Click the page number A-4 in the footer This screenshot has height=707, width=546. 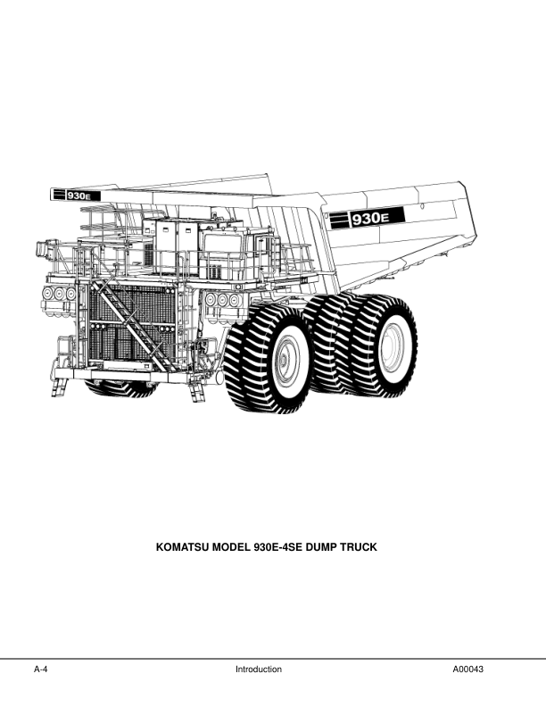[x=40, y=670]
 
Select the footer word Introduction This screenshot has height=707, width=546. [x=259, y=670]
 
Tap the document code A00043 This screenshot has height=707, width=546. [x=468, y=670]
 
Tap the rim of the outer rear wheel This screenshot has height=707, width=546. [x=393, y=345]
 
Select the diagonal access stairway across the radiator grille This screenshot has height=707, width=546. [x=130, y=324]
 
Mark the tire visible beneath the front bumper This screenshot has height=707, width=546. [x=120, y=388]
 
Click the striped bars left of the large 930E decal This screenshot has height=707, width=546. [x=340, y=220]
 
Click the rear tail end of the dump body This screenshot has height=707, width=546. [x=468, y=211]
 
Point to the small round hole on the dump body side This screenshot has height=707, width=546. [x=422, y=206]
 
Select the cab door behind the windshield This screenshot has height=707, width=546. [x=262, y=253]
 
